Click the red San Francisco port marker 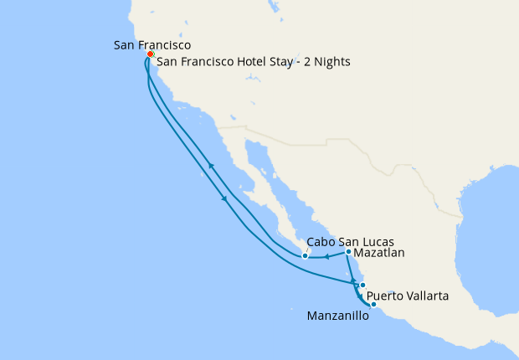click(x=150, y=54)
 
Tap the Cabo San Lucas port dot click(x=306, y=256)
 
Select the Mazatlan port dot click(x=348, y=251)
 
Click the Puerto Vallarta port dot click(x=362, y=285)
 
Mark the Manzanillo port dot click(x=373, y=304)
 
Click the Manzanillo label click(x=337, y=316)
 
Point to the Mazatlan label click(x=381, y=251)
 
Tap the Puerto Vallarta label click(x=411, y=296)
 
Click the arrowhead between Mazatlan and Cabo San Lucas click(x=326, y=256)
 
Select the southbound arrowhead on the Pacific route click(x=224, y=198)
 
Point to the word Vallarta click(x=432, y=296)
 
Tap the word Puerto click(x=388, y=296)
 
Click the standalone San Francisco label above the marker click(x=152, y=44)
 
